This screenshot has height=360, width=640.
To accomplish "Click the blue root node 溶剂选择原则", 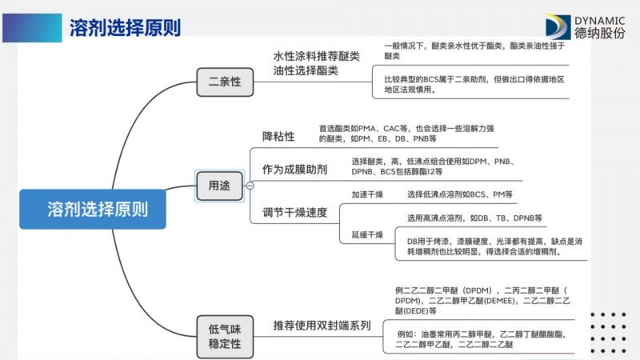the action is click(93, 209).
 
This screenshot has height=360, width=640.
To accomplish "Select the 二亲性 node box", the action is click(225, 82).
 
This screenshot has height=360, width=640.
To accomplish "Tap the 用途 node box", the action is click(219, 186).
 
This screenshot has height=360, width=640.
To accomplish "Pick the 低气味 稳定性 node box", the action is click(225, 336).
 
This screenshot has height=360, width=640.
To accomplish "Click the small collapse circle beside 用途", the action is click(250, 186).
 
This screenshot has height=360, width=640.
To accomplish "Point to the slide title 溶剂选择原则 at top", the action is click(125, 28).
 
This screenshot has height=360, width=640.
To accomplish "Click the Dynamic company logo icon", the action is click(558, 27).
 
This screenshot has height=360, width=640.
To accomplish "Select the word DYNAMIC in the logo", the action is click(599, 21).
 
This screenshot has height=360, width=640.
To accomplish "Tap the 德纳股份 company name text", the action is click(599, 33).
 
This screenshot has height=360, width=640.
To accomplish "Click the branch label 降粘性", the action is click(278, 136).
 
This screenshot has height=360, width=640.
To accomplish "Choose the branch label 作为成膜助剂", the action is click(294, 170).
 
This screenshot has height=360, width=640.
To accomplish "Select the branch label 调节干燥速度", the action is click(294, 212).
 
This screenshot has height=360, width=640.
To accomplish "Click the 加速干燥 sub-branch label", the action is click(367, 194).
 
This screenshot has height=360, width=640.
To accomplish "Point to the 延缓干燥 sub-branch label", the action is click(367, 234).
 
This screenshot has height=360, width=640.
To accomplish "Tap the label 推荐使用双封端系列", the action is click(322, 326).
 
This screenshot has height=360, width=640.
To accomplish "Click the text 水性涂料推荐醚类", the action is click(316, 56).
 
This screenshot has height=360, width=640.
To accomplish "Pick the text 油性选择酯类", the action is click(306, 70).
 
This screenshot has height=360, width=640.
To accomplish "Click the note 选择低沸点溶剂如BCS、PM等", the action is click(459, 194).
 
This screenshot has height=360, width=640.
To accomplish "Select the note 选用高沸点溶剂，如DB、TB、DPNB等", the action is click(474, 218).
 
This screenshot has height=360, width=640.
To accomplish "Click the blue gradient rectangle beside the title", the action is click(32, 28).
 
